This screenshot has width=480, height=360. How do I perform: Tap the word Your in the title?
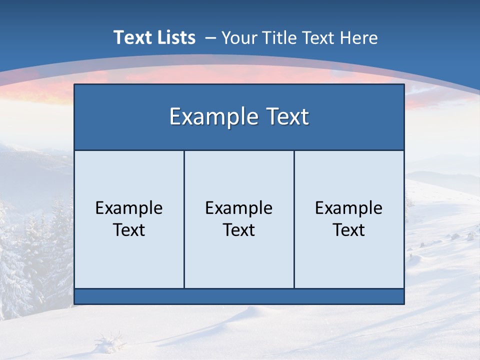tap(238, 37)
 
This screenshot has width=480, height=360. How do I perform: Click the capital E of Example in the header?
tap(175, 117)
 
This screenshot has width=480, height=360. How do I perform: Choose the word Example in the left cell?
tap(129, 208)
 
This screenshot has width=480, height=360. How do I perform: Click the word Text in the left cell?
tap(129, 230)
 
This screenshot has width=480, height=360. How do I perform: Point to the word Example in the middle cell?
tap(239, 208)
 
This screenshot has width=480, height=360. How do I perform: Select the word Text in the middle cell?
tap(239, 230)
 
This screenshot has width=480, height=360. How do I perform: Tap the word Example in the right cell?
tap(349, 208)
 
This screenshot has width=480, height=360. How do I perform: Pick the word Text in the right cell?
tap(349, 230)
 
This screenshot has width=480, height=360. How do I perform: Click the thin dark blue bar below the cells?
tap(239, 296)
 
